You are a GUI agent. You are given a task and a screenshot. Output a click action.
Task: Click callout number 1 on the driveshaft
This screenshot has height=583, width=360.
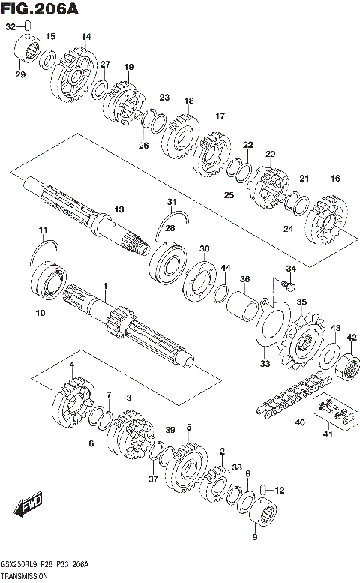click(x=106, y=286)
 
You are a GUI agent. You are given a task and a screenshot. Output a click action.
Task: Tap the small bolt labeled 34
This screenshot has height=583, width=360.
click(x=286, y=285)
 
